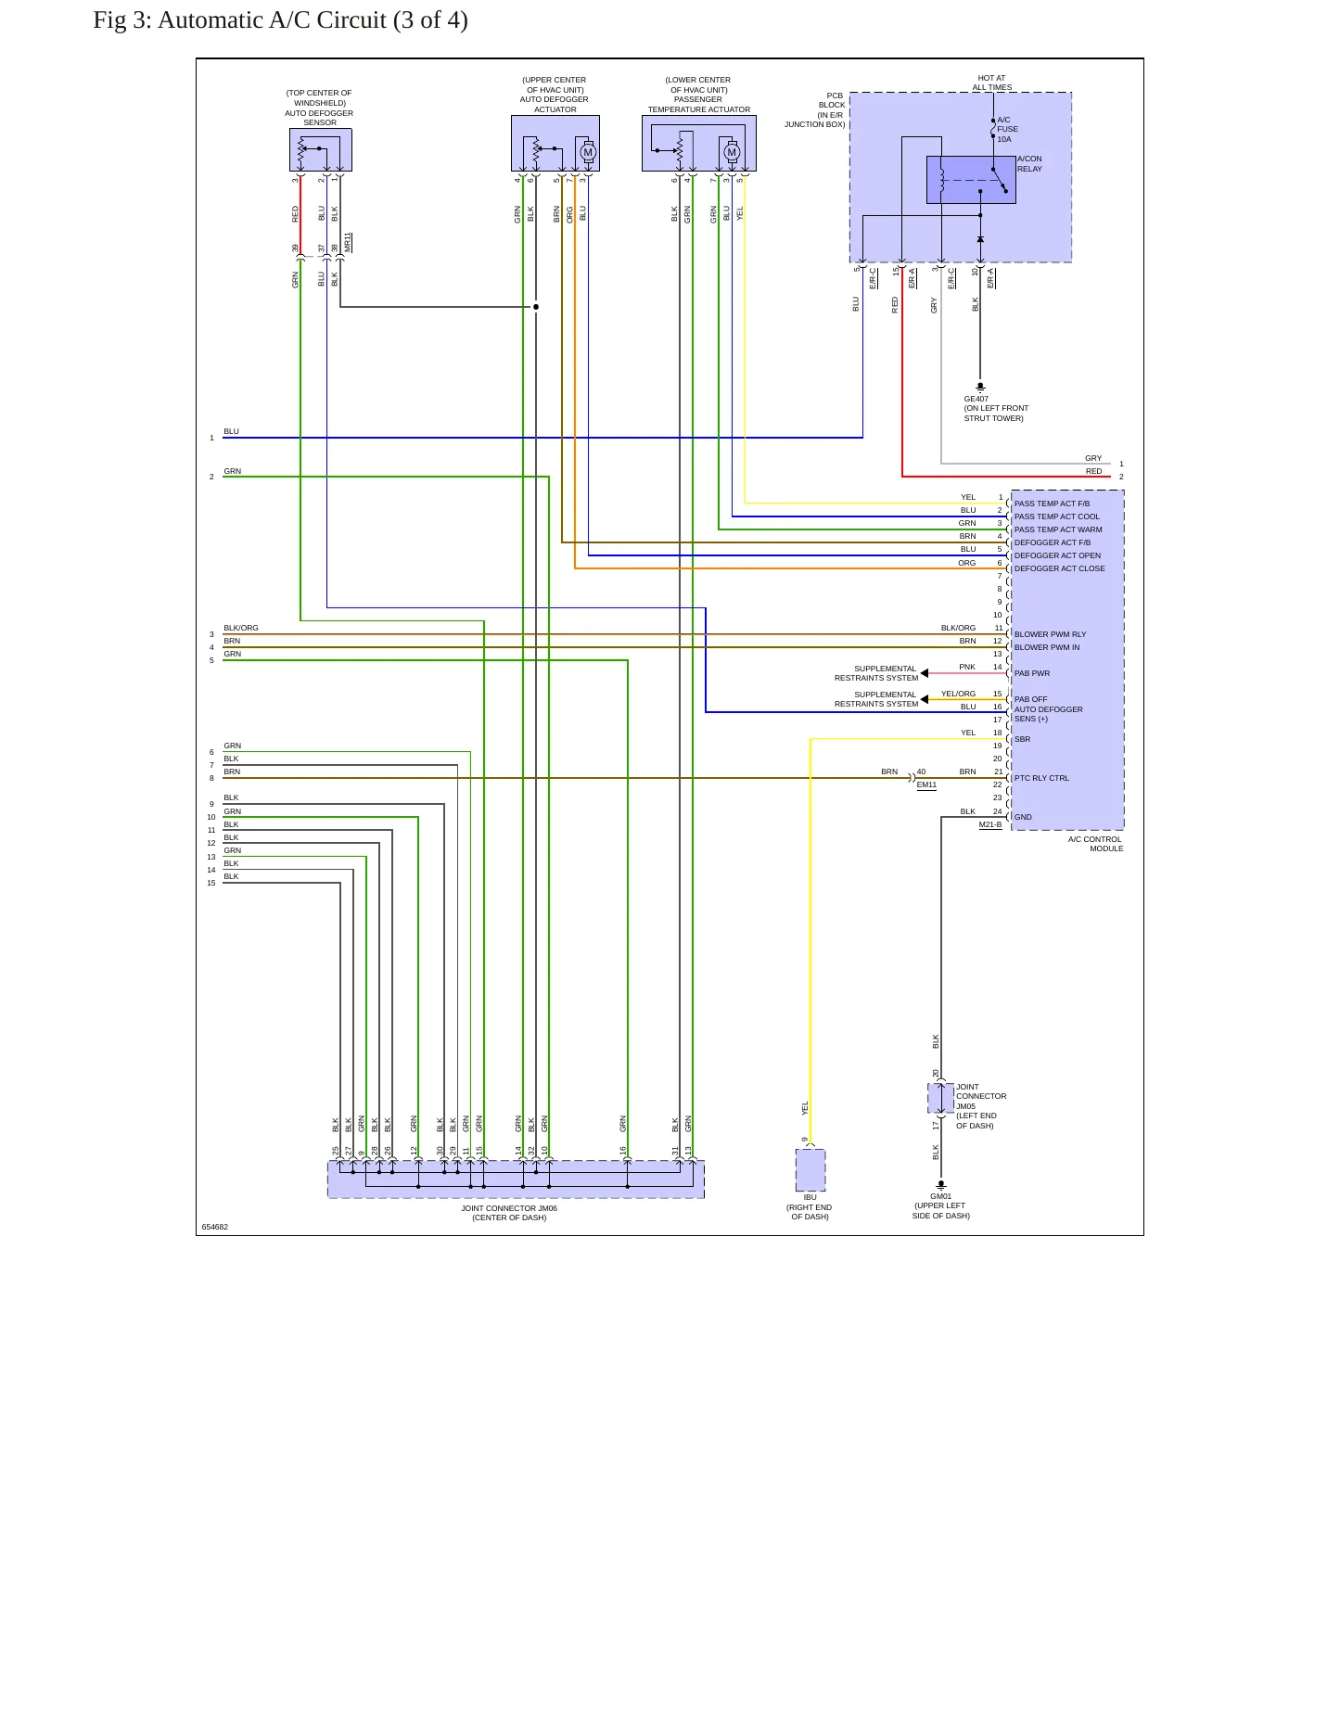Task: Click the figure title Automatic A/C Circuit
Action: click(313, 20)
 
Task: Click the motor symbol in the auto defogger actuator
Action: click(587, 152)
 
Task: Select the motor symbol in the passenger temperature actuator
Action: click(732, 152)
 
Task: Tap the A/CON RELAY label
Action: click(1029, 164)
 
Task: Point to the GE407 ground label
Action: click(976, 399)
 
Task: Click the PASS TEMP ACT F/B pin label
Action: click(1052, 504)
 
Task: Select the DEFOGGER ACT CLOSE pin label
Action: click(1059, 568)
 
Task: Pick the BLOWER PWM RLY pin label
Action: click(1050, 634)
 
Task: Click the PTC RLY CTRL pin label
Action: click(1041, 778)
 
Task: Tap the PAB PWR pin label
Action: click(1032, 673)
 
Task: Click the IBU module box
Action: click(810, 1170)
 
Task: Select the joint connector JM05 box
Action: click(941, 1098)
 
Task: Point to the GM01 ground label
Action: click(940, 1196)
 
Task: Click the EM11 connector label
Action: click(926, 784)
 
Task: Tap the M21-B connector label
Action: click(990, 824)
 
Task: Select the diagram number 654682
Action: click(215, 1227)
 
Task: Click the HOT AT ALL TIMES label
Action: click(991, 83)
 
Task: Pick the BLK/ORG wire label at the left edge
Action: click(241, 628)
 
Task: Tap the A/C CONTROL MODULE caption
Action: click(1095, 844)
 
